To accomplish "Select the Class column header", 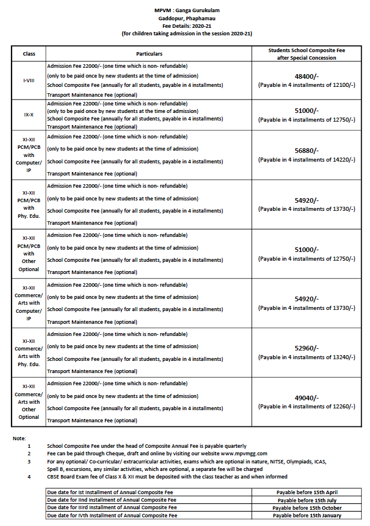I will [29, 54].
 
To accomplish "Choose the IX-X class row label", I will [29, 115].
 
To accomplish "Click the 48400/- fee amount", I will [307, 76].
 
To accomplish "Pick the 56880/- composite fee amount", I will [307, 151].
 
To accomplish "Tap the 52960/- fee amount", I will [307, 348].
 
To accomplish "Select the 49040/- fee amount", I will [307, 398].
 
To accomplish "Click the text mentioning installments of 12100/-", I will [307, 85].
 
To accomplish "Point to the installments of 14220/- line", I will [307, 159].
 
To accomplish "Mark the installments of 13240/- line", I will [307, 357].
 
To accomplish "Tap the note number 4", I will [29, 477].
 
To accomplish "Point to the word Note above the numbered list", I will [19, 439].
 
